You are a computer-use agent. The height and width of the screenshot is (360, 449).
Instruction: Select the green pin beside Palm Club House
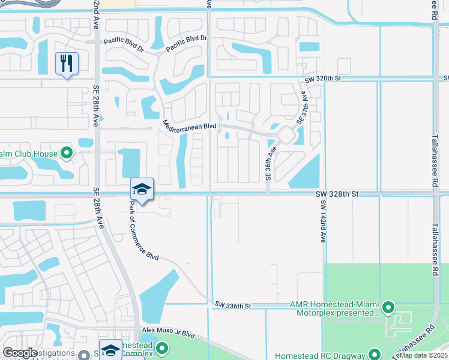67,154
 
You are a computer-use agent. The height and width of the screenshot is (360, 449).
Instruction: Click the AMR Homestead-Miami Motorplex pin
388,308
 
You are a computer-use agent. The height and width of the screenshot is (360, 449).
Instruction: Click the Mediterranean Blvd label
189,125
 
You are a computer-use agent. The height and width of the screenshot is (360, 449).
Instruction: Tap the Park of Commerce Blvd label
143,230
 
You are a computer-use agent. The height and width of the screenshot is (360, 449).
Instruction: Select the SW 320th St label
322,79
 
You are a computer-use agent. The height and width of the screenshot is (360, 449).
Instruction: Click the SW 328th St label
337,194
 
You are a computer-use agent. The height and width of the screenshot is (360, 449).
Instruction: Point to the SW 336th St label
232,306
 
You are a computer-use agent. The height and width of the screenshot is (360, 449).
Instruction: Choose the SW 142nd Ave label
322,221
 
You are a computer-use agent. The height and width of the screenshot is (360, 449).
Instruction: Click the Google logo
20,353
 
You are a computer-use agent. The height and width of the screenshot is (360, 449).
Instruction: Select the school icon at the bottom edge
110,350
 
